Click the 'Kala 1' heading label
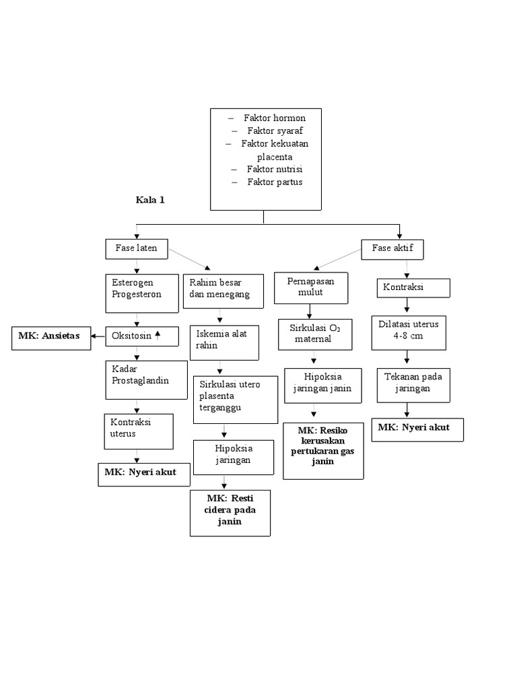click(x=150, y=200)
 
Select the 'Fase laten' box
click(x=136, y=248)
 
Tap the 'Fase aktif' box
click(x=392, y=248)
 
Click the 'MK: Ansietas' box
click(x=50, y=338)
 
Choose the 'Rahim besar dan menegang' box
click(x=220, y=289)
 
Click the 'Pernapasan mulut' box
click(x=311, y=287)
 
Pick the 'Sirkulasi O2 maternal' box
click(x=314, y=334)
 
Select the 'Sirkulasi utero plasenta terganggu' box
click(x=235, y=399)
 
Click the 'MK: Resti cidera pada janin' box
click(x=230, y=513)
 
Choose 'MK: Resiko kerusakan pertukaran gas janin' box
click(x=323, y=450)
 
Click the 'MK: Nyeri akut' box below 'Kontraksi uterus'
click(x=140, y=473)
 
